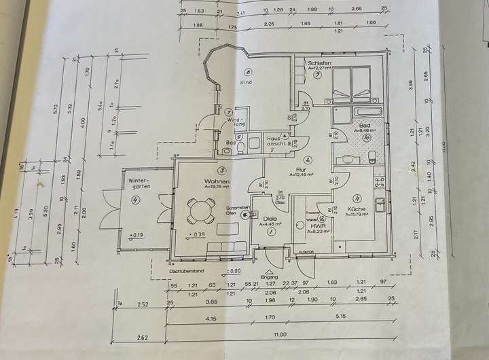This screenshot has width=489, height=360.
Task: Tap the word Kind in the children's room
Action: [x=246, y=82]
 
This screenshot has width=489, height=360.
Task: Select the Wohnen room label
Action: [x=217, y=182]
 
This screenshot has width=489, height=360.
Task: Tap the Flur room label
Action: [x=300, y=169]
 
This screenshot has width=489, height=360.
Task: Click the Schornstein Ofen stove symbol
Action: [x=244, y=211]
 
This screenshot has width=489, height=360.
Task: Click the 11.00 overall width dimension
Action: [x=280, y=334]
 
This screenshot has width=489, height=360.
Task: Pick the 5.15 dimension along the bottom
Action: [x=350, y=317]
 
